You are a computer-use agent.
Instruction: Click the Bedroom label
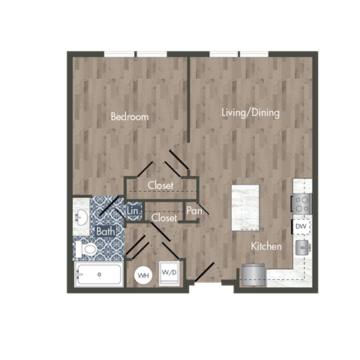tap(130, 117)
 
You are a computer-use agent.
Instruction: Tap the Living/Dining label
tap(250, 113)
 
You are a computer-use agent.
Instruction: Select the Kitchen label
tap(266, 246)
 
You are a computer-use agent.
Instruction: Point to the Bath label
tap(106, 232)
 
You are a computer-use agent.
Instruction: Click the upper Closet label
tap(160, 185)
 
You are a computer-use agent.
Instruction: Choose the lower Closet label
tap(163, 217)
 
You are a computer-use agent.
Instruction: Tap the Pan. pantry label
tap(194, 211)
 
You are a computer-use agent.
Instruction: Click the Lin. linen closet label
tap(133, 212)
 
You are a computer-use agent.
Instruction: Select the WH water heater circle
tap(142, 275)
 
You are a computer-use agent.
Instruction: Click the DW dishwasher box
tap(300, 226)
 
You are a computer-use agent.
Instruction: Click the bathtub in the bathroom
tap(99, 274)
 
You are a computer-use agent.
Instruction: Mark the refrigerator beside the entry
tap(253, 275)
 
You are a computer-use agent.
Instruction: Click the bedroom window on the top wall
tap(135, 54)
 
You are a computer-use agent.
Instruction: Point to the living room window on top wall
tap(239, 54)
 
